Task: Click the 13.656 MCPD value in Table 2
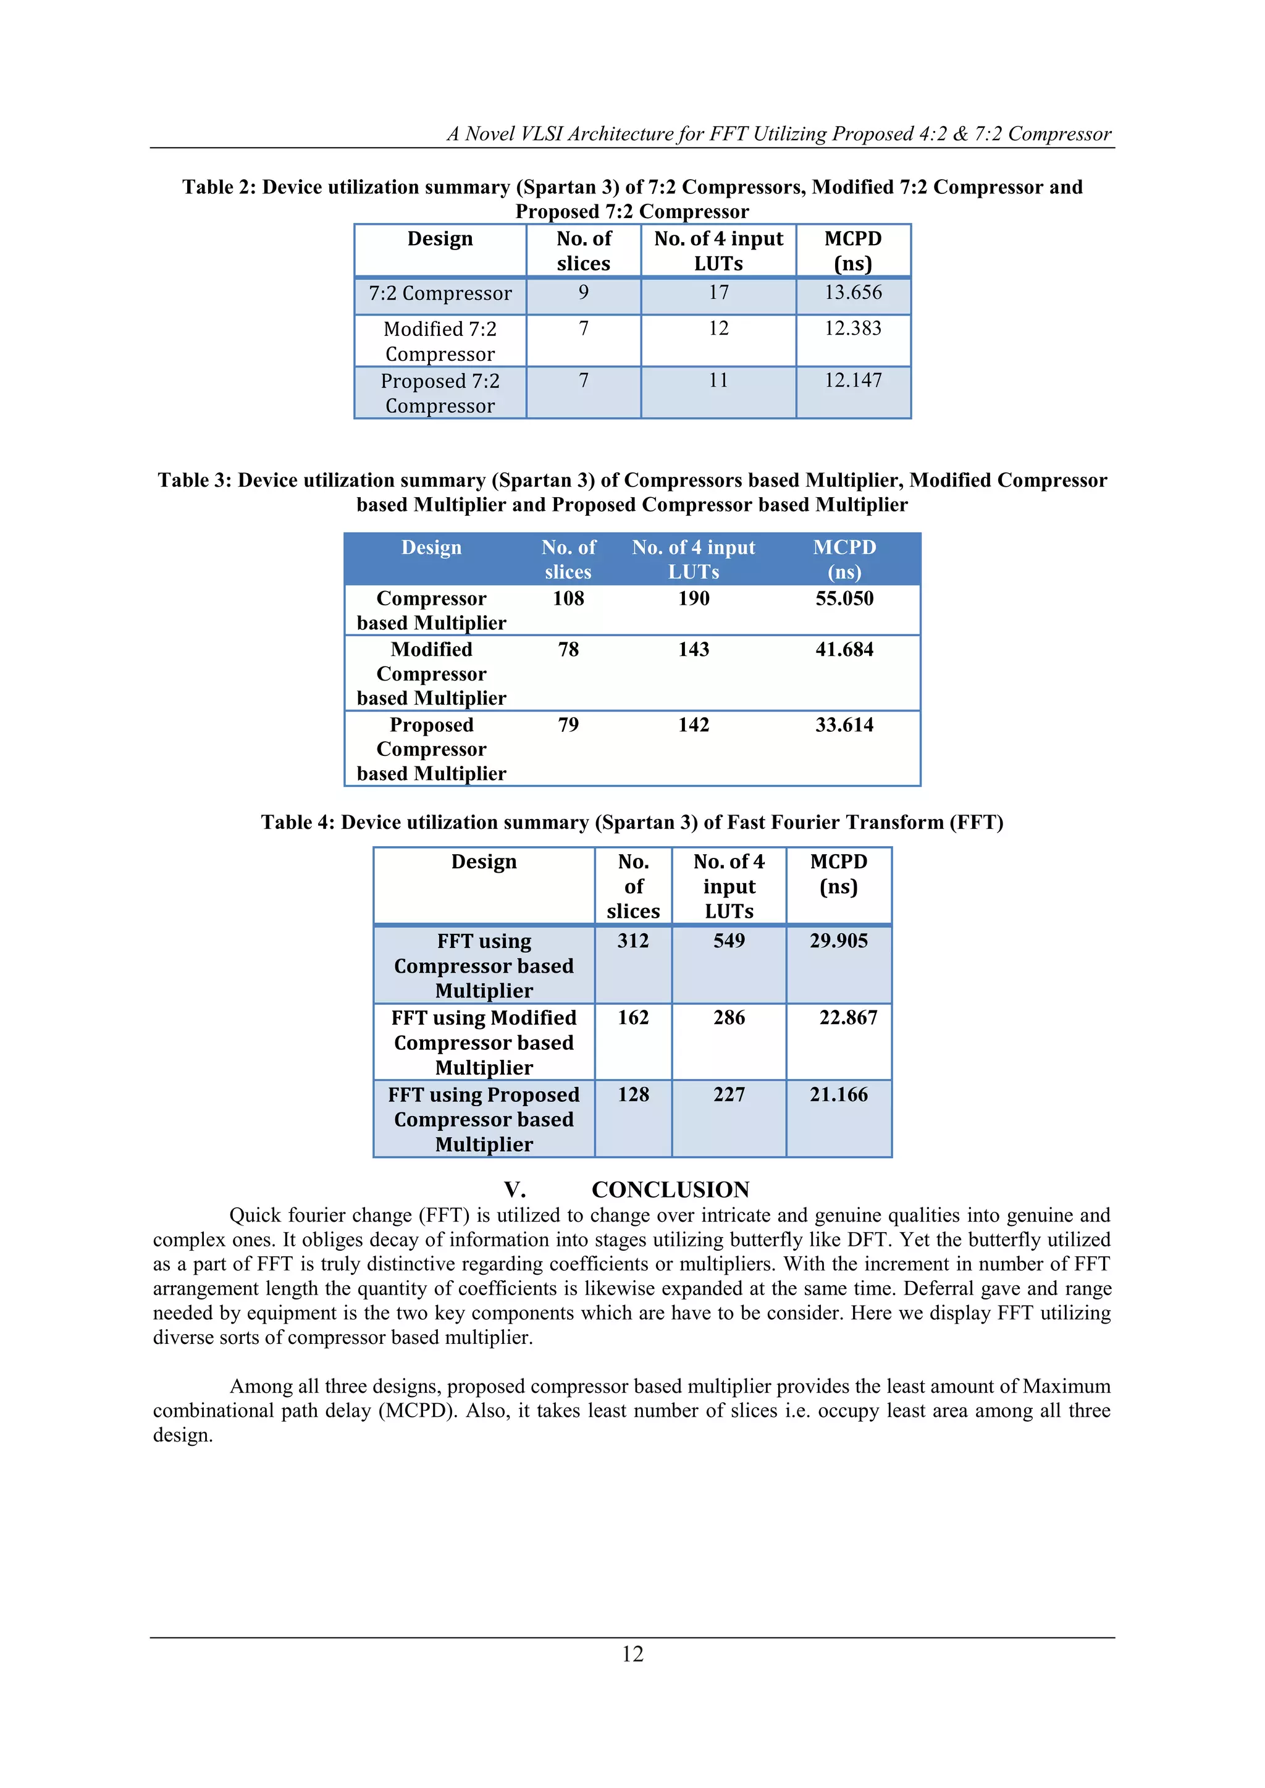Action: tap(853, 293)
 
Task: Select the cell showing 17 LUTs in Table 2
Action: tap(718, 293)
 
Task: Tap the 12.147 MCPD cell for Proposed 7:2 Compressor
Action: tap(853, 381)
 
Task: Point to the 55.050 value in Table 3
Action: tap(844, 599)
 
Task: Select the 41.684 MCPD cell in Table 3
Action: tap(844, 650)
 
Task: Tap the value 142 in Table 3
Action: tap(693, 725)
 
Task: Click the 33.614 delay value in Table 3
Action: tap(844, 725)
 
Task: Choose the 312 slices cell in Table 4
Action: tap(632, 941)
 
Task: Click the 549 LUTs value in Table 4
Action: tap(729, 941)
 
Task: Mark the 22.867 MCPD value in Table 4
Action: tap(847, 1018)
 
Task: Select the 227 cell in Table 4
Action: tap(729, 1095)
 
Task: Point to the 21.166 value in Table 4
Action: tap(838, 1095)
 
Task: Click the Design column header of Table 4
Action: tap(484, 862)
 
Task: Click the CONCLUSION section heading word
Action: tap(670, 1190)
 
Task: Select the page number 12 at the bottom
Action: tap(632, 1654)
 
